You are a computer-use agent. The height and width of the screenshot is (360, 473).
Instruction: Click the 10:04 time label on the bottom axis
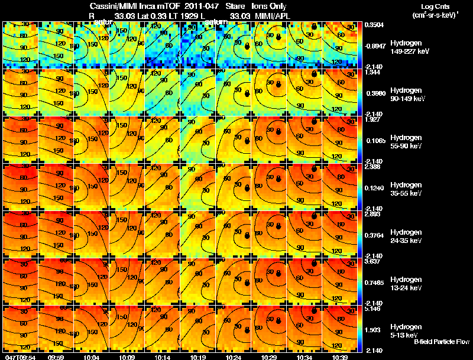click(x=92, y=356)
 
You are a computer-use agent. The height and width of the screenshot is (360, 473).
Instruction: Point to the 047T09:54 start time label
click(x=20, y=356)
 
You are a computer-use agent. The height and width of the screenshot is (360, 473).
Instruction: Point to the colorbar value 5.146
click(x=375, y=309)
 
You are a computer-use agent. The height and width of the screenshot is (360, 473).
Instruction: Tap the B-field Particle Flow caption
click(x=442, y=342)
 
